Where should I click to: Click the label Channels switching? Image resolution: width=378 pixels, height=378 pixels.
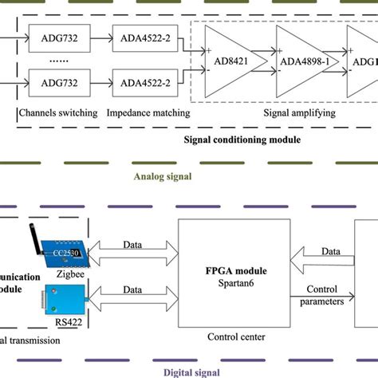57,113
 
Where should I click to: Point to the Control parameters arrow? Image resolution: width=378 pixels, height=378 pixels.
323,297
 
